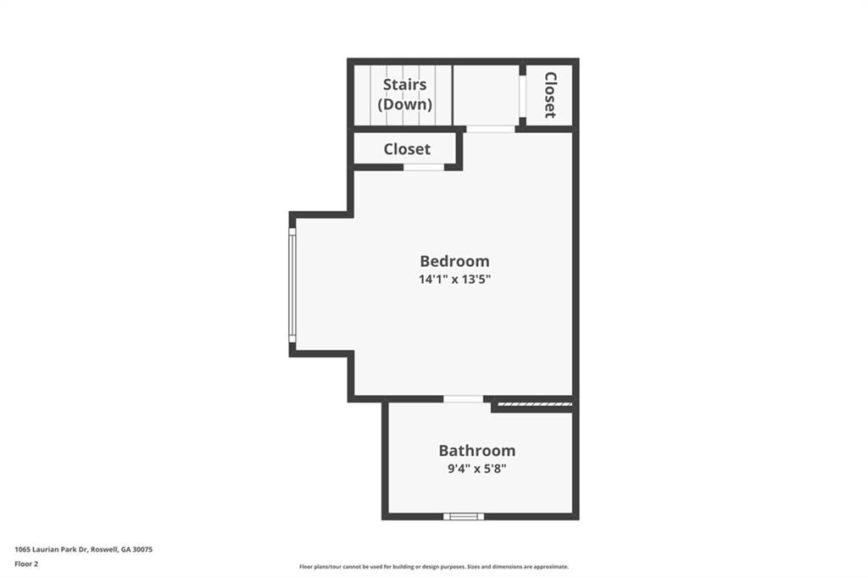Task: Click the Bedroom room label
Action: click(454, 261)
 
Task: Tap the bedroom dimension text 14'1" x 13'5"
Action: click(454, 279)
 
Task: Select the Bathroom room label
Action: click(476, 451)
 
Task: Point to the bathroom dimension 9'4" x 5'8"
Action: click(476, 468)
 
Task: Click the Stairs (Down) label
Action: click(404, 94)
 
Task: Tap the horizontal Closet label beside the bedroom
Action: click(407, 149)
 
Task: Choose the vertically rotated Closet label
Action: click(550, 94)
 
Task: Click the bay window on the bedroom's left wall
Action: click(292, 284)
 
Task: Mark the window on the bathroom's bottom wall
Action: click(464, 516)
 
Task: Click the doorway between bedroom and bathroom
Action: click(464, 399)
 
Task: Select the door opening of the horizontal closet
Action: click(423, 167)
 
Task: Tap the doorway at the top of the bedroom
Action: click(490, 129)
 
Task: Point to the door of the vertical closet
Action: click(522, 95)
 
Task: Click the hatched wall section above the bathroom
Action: click(534, 405)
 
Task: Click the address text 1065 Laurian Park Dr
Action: click(51, 549)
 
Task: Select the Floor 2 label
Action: click(26, 564)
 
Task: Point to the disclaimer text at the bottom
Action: click(433, 567)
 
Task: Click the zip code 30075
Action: click(142, 549)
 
